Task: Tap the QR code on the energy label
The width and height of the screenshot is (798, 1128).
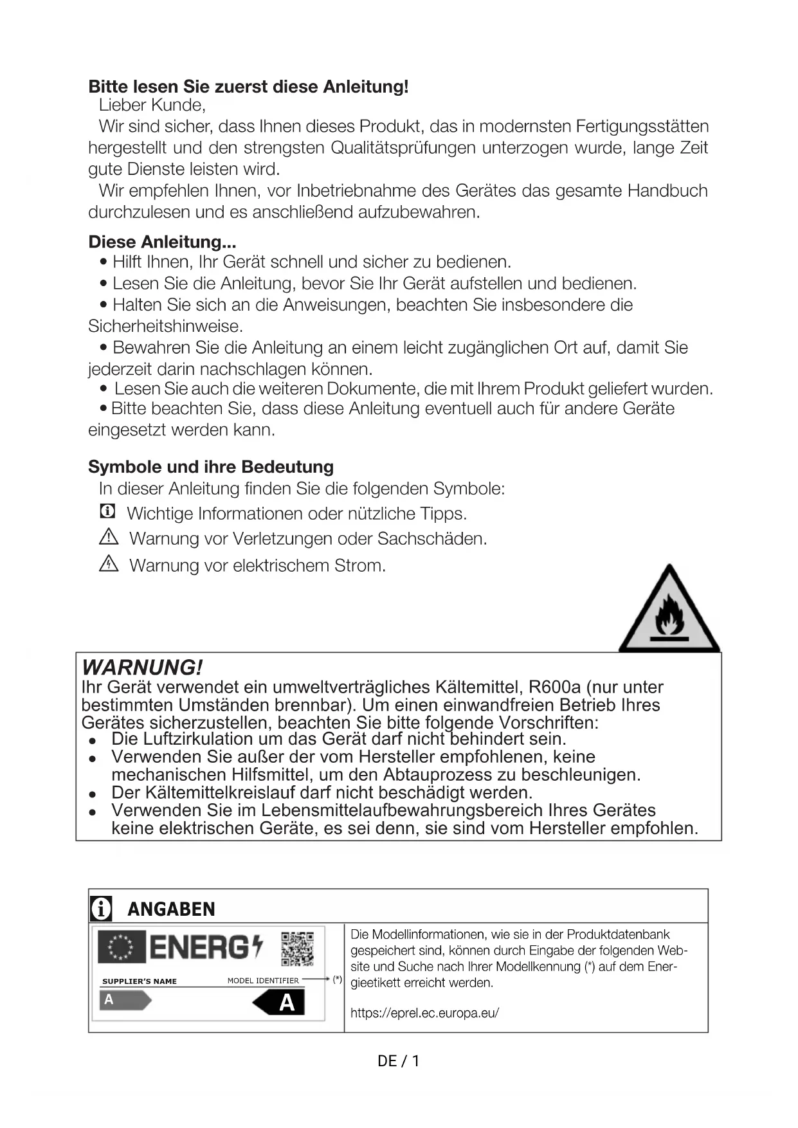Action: pos(297,949)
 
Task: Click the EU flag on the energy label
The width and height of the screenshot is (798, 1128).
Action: pos(121,947)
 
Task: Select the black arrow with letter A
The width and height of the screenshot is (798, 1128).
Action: pos(279,1002)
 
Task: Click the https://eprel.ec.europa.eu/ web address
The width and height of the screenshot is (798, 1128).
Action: pos(424,1013)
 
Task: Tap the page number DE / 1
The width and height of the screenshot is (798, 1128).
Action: pos(399,1061)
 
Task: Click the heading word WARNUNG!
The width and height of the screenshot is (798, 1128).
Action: pos(143,667)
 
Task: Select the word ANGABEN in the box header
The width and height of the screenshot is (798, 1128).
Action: pos(171,909)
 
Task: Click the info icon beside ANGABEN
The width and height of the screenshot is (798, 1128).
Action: pos(101,909)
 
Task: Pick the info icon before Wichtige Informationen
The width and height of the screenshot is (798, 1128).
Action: pos(107,512)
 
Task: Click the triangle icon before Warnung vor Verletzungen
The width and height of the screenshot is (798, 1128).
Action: pos(109,537)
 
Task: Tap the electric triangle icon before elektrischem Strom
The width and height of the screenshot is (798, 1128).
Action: pos(109,564)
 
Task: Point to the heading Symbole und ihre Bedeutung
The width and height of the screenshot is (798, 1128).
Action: pos(211,467)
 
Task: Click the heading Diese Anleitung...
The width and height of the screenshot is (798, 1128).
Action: pos(162,242)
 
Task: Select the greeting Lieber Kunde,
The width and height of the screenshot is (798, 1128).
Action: pos(152,105)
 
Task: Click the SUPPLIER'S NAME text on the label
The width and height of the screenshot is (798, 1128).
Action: pos(140,981)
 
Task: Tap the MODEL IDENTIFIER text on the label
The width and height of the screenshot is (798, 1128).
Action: pos(263,981)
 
